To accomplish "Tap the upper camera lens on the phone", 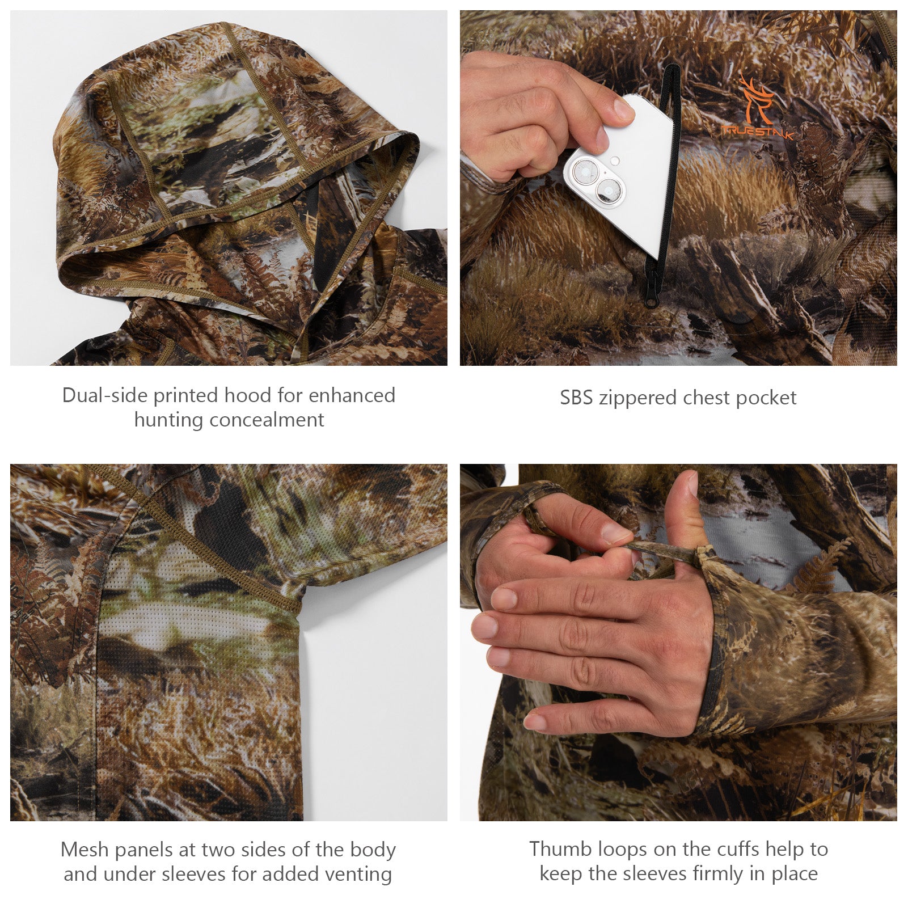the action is pyautogui.click(x=584, y=172).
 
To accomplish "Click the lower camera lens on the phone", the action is pyautogui.click(x=608, y=191).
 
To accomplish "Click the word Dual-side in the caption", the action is pyautogui.click(x=105, y=395).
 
